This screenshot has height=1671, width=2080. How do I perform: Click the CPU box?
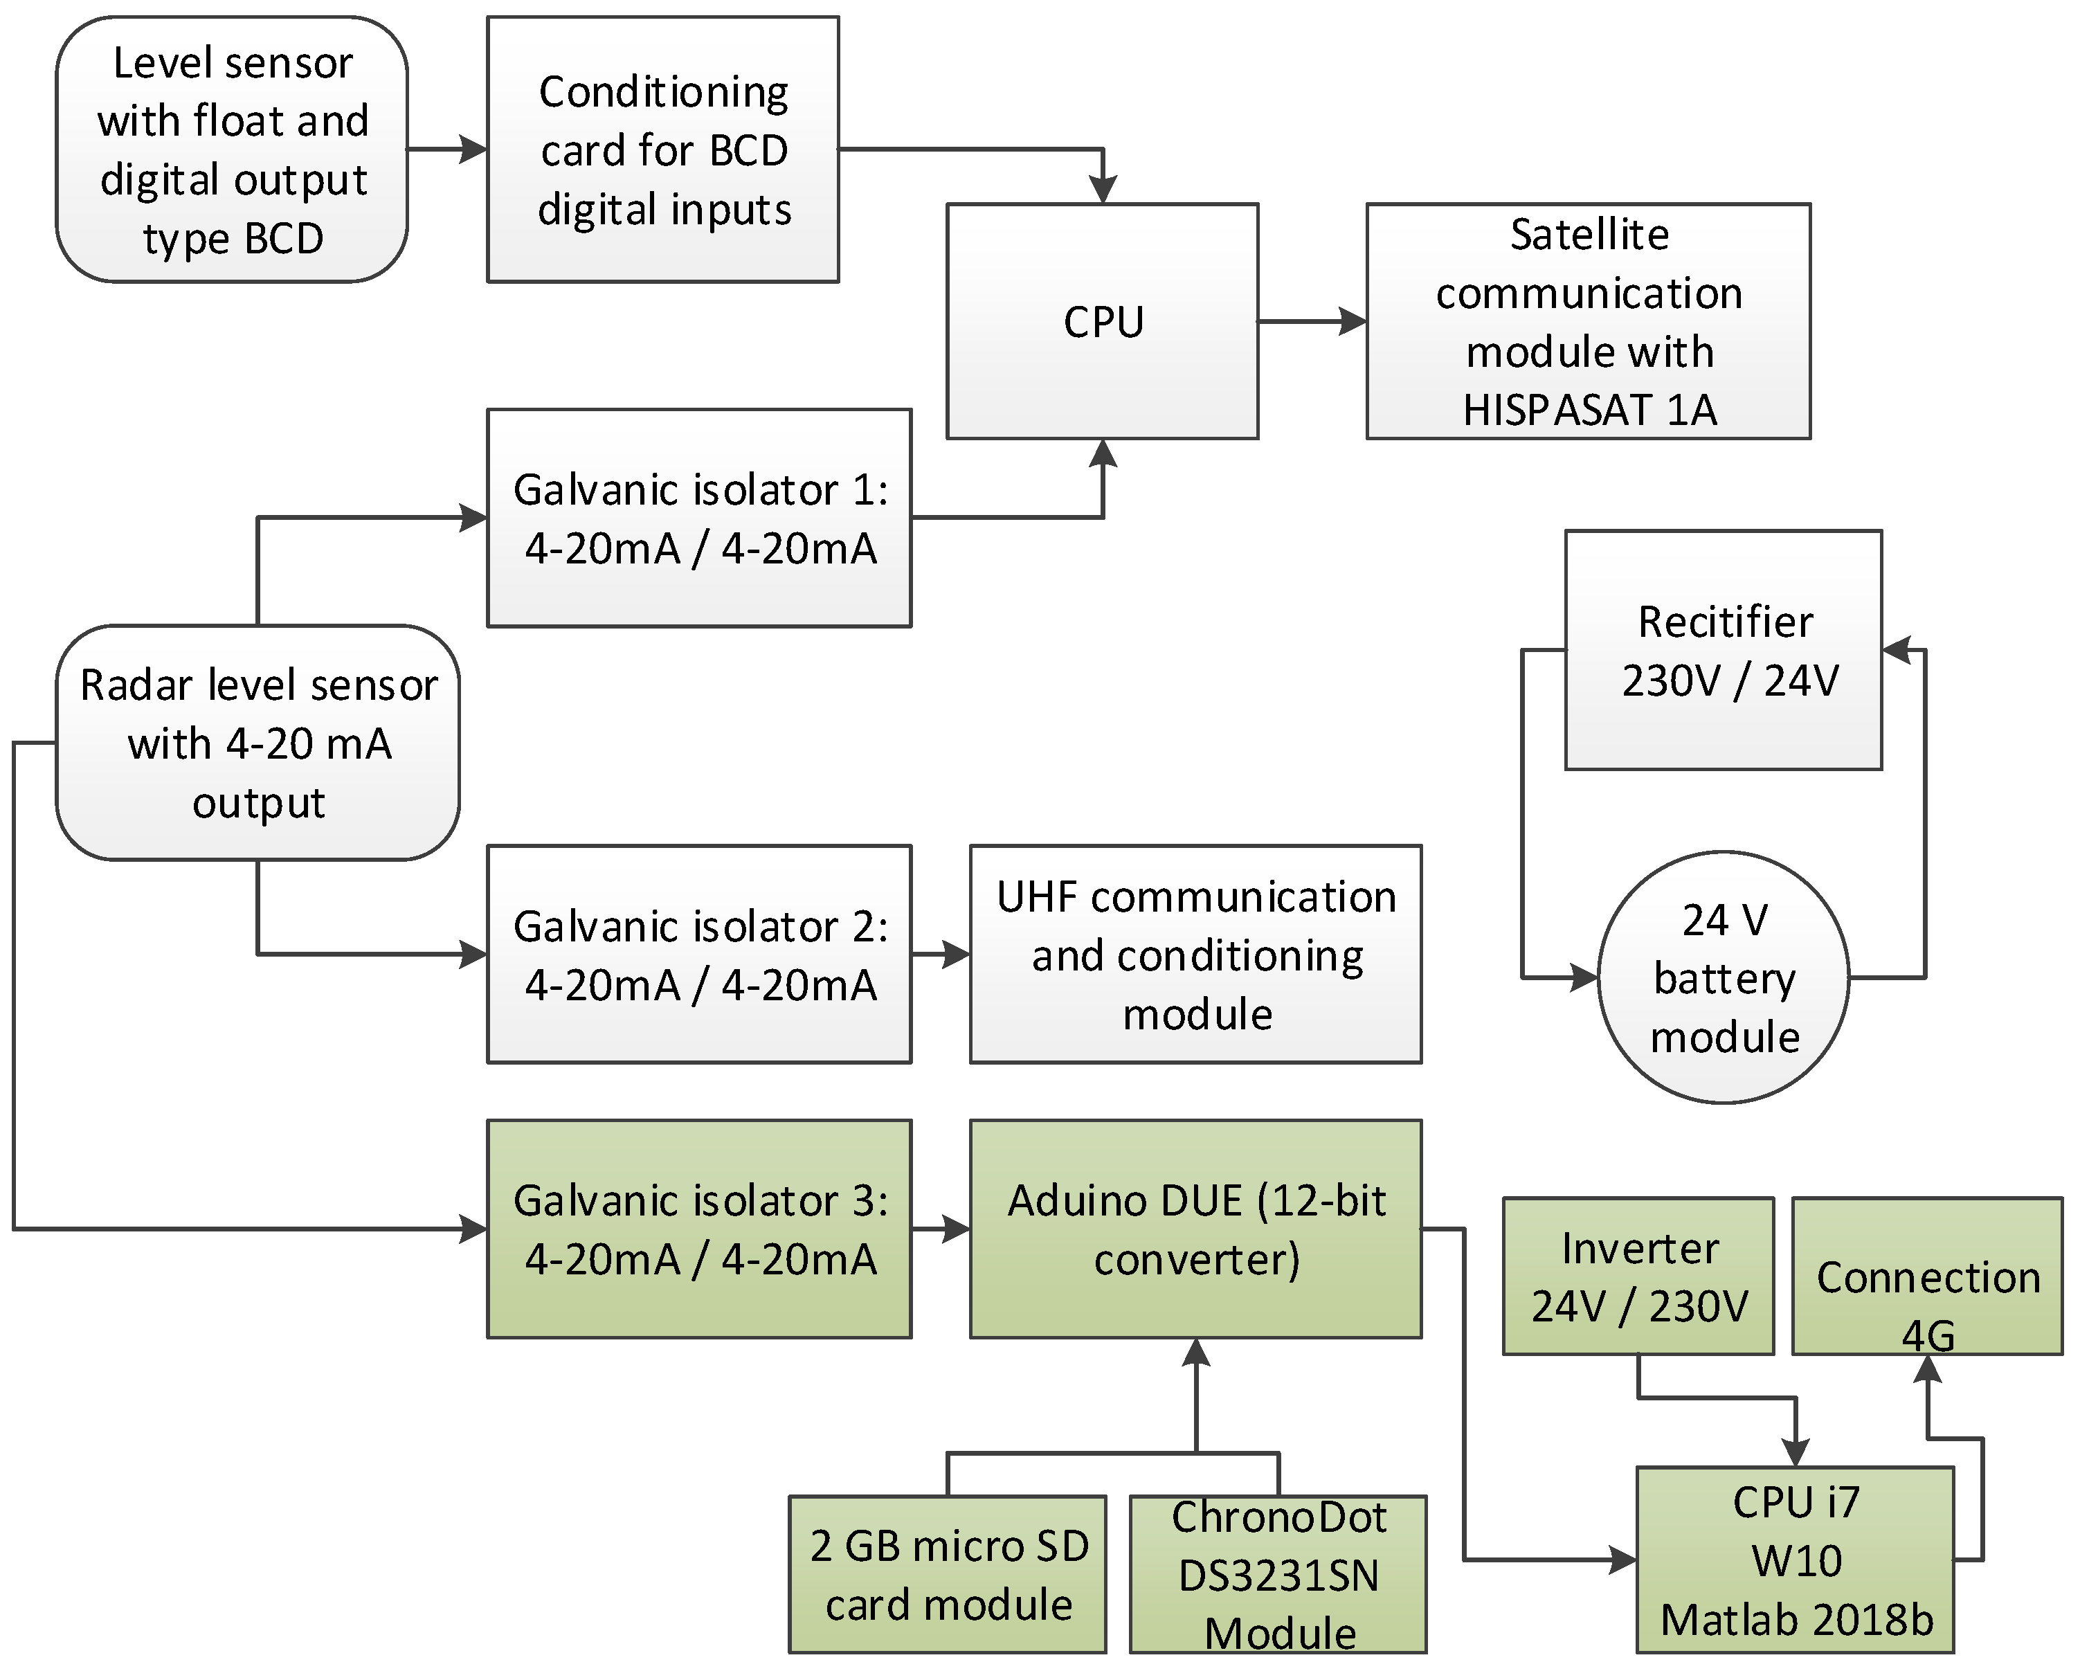tap(1102, 321)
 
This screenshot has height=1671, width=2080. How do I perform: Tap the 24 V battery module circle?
tap(1723, 977)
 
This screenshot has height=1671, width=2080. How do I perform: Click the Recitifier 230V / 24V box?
tap(1723, 650)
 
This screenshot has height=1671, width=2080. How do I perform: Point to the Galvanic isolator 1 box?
tap(699, 518)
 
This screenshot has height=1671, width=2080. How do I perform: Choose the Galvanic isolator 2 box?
tap(699, 954)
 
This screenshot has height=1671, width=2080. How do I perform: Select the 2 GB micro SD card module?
tap(948, 1575)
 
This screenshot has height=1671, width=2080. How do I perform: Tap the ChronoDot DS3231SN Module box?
tap(1278, 1575)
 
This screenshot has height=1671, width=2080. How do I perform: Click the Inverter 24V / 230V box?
tap(1638, 1276)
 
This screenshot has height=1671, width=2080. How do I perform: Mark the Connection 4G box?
tap(1926, 1276)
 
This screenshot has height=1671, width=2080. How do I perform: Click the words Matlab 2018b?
tap(1796, 1620)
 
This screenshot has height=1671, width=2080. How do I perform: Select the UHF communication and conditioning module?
tap(1195, 954)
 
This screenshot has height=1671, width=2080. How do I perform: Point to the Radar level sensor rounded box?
tap(257, 743)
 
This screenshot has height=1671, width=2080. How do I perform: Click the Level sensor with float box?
tap(232, 150)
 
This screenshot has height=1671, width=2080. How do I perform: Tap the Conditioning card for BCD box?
tap(663, 150)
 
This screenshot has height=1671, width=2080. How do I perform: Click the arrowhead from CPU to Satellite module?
tap(1353, 321)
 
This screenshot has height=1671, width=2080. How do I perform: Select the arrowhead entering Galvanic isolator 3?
tap(473, 1229)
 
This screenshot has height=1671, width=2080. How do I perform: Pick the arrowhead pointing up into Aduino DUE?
tap(1196, 1352)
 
